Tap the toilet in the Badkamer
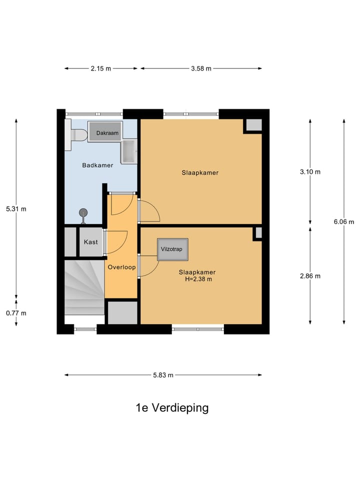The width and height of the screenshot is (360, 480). (x=77, y=135)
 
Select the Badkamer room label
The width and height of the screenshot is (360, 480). (x=97, y=165)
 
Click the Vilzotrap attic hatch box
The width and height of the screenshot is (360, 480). (x=172, y=249)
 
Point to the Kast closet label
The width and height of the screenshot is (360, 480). (x=90, y=242)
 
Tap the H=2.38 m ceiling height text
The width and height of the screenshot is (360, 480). (x=198, y=279)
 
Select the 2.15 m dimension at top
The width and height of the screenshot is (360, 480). (x=100, y=68)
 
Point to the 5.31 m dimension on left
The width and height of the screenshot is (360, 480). (x=16, y=209)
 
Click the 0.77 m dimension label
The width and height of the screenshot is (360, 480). (x=16, y=313)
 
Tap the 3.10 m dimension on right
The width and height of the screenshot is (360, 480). (x=310, y=171)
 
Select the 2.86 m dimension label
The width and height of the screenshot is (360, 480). (x=310, y=275)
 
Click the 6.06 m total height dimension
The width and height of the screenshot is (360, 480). (x=344, y=222)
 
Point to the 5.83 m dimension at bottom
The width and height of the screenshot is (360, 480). (x=163, y=375)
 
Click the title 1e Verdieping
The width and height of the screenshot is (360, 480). (x=172, y=407)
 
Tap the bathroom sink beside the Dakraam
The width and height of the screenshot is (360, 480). (x=129, y=151)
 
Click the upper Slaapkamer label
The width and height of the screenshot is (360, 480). (x=200, y=172)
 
